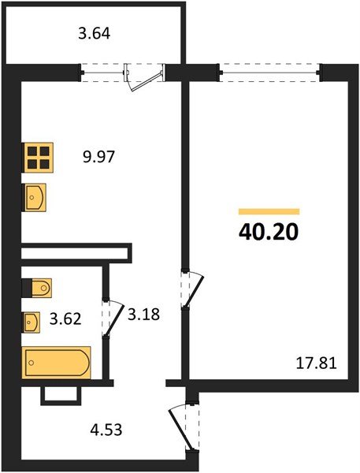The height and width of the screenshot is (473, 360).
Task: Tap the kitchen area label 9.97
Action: point(100,156)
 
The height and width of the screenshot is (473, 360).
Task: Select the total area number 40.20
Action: point(269,233)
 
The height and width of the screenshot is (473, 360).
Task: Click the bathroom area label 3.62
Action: point(66,321)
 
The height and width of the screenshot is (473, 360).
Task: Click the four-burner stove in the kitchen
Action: point(38,158)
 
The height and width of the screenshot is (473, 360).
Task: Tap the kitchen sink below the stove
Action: point(35,196)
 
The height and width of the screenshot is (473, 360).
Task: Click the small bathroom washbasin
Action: point(32,322)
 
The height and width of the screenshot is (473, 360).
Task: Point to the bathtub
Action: point(57,363)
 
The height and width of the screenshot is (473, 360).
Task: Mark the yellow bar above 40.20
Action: point(269,211)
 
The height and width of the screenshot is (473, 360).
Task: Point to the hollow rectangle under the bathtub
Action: point(61,394)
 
